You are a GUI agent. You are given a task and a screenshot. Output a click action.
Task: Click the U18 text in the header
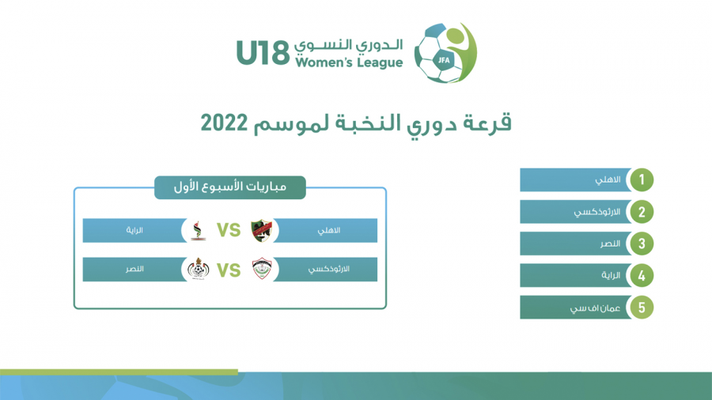(263, 53)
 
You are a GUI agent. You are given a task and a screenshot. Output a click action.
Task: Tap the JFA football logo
(445, 53)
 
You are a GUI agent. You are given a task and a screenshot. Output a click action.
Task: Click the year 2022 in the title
(225, 123)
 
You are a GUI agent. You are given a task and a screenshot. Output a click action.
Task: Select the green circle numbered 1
(641, 179)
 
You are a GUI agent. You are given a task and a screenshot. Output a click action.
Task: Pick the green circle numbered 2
(641, 212)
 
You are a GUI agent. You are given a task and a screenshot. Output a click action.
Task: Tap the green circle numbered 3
(641, 243)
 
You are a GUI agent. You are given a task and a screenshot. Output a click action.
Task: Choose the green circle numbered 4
(641, 275)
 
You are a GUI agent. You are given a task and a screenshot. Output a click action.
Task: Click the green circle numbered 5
(641, 308)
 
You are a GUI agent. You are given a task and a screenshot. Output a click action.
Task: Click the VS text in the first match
(229, 230)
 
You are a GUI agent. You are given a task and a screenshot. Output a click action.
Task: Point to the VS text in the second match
(229, 270)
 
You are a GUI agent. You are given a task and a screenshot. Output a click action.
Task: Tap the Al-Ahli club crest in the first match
(261, 230)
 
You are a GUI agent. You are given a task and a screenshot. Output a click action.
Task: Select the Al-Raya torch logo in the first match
(198, 230)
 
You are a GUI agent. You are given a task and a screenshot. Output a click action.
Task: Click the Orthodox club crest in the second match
(262, 269)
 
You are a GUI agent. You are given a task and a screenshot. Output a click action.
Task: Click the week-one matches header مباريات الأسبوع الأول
(230, 187)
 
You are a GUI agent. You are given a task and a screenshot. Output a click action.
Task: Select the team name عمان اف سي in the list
(595, 308)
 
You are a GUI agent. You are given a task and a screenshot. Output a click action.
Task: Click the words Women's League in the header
(349, 62)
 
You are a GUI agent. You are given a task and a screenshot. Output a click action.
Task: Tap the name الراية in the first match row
(134, 230)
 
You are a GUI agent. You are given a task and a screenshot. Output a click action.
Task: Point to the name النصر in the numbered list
(610, 243)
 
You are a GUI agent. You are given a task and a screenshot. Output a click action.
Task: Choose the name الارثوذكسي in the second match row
(329, 270)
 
